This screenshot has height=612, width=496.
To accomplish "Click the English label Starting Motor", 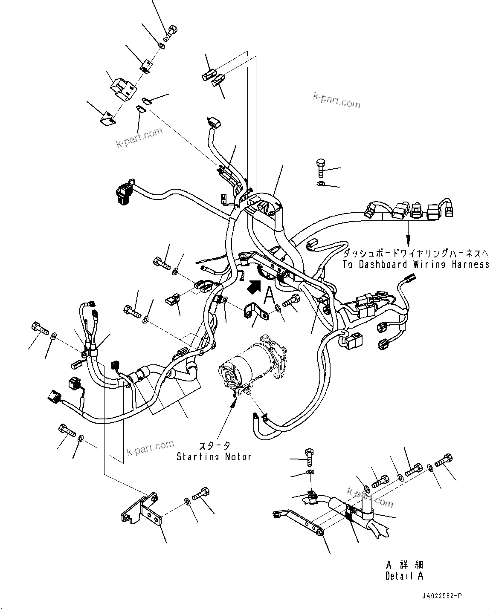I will tap(214, 457).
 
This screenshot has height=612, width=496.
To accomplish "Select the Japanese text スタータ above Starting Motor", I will tap(214, 446).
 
